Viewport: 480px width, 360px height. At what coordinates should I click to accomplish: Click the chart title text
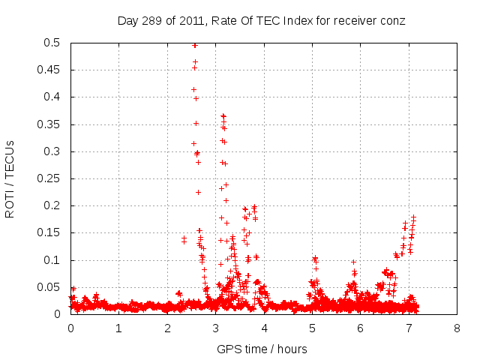[261, 20]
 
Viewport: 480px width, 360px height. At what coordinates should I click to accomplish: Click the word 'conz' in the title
[393, 20]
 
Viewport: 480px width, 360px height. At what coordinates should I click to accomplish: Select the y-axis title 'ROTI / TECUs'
[10, 178]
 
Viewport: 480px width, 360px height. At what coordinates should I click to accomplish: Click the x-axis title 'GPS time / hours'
[262, 349]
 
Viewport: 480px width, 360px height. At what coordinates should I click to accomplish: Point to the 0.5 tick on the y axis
[55, 43]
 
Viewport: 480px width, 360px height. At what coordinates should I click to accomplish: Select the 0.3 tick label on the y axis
[55, 151]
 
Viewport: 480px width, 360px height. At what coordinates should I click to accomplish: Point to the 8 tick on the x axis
[457, 328]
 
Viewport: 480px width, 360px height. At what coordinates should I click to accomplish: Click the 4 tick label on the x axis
[264, 328]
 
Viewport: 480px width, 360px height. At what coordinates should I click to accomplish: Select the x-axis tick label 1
[119, 328]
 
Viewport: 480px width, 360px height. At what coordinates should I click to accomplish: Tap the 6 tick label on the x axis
[361, 328]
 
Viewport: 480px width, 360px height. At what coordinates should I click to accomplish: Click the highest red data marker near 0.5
[195, 45]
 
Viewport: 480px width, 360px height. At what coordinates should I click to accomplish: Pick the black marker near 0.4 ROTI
[196, 98]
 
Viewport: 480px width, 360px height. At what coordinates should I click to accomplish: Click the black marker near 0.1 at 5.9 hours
[353, 262]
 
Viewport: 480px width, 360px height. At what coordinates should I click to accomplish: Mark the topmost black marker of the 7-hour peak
[413, 217]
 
